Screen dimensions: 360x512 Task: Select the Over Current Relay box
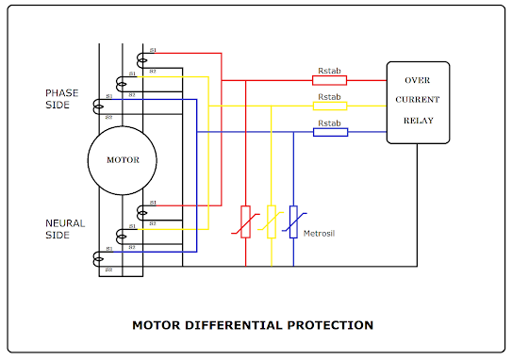point(418,102)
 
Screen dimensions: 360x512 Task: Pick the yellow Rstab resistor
point(330,106)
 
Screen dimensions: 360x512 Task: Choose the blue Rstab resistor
point(330,132)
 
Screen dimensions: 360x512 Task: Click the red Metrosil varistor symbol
point(245,221)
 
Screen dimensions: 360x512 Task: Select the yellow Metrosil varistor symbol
point(271,221)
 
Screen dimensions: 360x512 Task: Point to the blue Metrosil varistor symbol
point(294,221)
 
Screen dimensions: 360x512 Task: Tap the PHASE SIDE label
point(63,98)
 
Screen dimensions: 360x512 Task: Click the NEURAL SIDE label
point(65,229)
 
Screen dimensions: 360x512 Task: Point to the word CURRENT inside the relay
point(418,100)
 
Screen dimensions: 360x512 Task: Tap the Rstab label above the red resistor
point(329,71)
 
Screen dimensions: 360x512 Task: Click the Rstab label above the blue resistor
point(329,123)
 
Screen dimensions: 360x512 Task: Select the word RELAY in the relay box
point(418,121)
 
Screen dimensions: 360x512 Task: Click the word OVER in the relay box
point(418,80)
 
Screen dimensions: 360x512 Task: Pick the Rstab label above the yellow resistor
point(329,96)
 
